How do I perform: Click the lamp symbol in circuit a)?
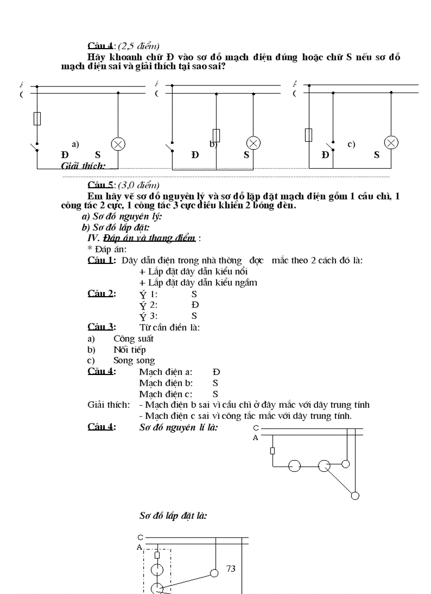118,144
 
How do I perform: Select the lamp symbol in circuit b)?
254,143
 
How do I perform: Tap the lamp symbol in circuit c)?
391,143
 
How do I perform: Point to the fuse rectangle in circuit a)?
37,118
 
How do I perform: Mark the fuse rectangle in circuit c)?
309,135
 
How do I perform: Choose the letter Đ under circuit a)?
65,155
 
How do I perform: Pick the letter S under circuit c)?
377,155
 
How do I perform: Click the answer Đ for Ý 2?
195,305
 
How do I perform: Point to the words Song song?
134,361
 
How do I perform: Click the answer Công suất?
133,339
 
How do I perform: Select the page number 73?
230,569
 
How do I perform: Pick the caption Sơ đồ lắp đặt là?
173,514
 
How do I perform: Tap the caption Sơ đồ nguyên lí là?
179,427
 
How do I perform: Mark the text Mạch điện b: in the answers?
165,383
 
